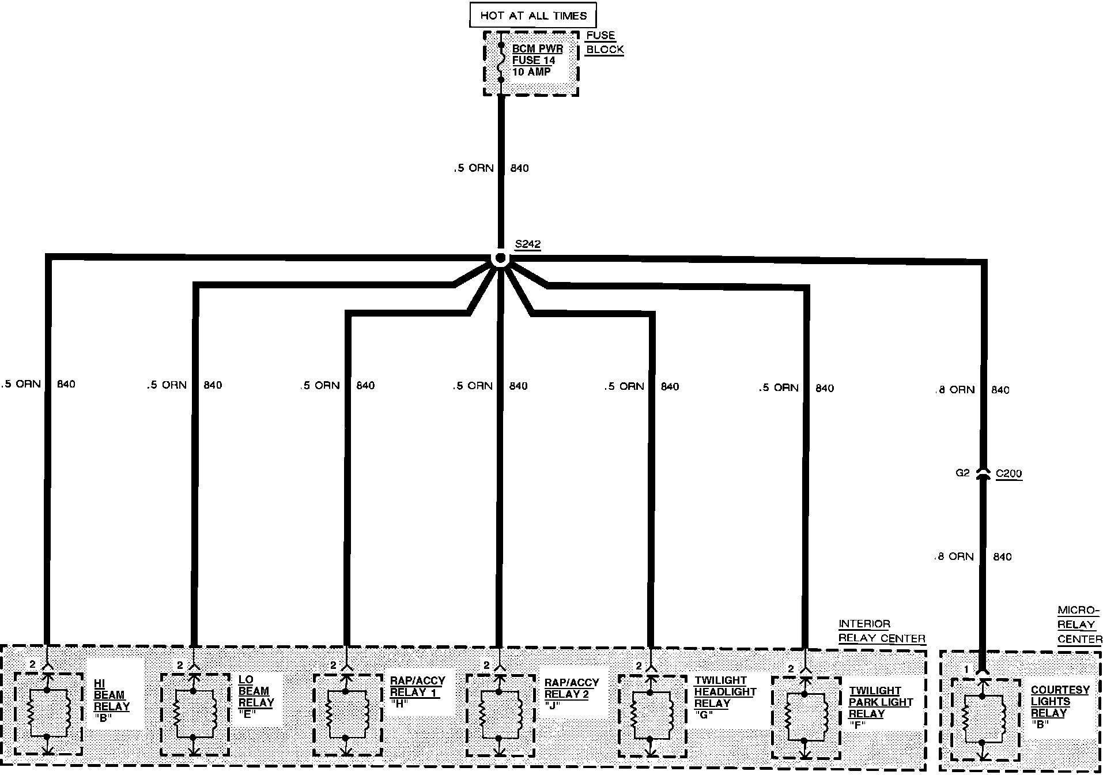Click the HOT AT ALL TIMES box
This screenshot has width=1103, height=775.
click(532, 16)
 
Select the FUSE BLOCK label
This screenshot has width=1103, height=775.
click(605, 43)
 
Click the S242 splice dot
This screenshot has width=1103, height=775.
click(501, 258)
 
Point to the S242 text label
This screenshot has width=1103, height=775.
click(527, 244)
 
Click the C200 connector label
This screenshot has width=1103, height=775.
click(1008, 474)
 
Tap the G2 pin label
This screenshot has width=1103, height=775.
click(962, 473)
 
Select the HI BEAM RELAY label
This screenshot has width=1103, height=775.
click(111, 700)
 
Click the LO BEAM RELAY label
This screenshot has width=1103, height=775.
click(256, 697)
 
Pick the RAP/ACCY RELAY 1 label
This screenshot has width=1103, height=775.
click(417, 692)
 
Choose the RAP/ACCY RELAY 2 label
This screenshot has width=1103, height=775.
click(571, 694)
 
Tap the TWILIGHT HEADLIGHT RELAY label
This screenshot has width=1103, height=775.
click(724, 697)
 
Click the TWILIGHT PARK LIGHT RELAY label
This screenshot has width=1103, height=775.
click(880, 708)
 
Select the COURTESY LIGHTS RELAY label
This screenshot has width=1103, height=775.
click(1059, 706)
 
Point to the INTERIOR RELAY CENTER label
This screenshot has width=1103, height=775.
click(881, 631)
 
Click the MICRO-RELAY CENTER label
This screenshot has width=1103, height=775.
click(1079, 624)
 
